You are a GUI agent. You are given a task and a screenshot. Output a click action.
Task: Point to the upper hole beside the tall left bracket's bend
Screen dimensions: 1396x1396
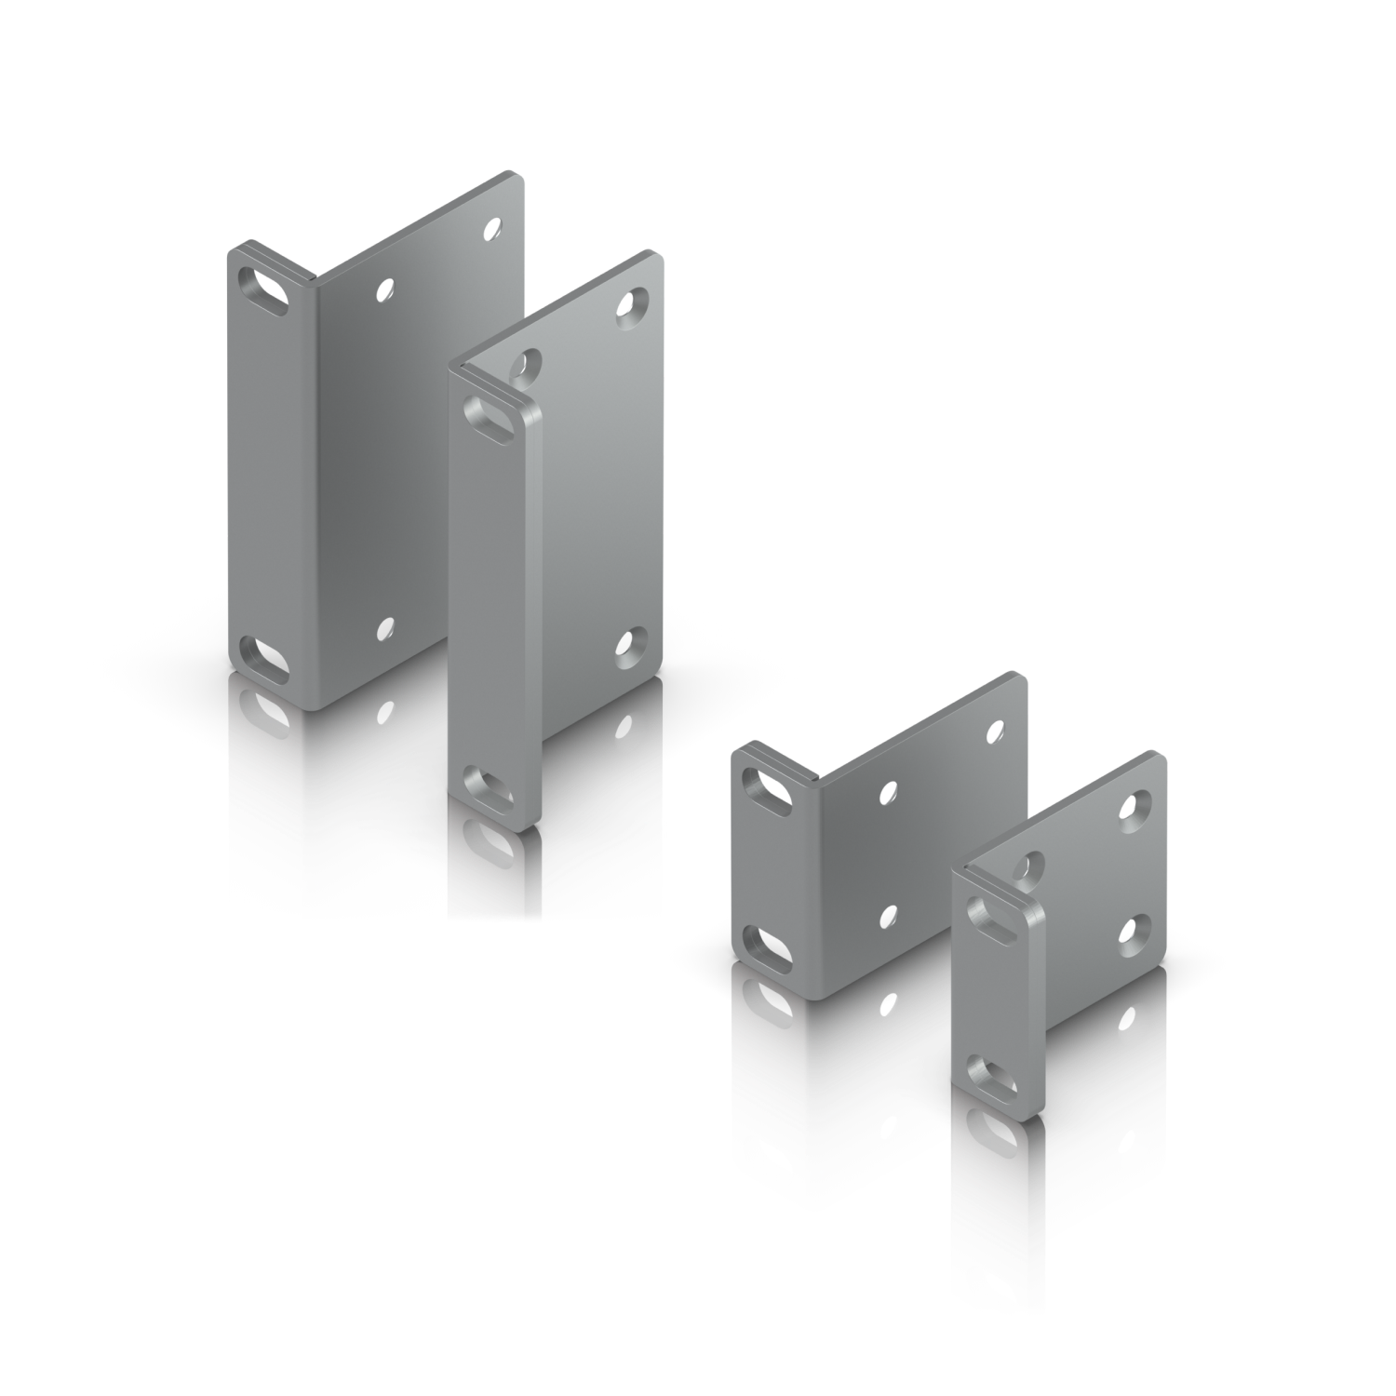click(x=383, y=290)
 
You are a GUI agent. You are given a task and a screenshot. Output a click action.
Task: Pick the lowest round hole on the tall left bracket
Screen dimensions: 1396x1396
click(x=383, y=628)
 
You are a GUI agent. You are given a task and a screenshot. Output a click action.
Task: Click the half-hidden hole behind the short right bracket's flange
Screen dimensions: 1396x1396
click(x=1029, y=866)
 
